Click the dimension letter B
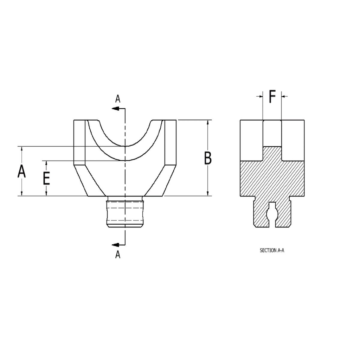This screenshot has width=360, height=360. pos(208,158)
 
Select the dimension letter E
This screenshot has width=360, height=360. pos(46,178)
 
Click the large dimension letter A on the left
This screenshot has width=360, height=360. pos(22,172)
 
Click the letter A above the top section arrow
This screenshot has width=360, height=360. pos(118,99)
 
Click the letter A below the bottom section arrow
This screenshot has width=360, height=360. pos(118,255)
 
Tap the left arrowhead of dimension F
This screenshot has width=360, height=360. pos(261,96)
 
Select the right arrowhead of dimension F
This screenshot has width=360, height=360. pos(284,96)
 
